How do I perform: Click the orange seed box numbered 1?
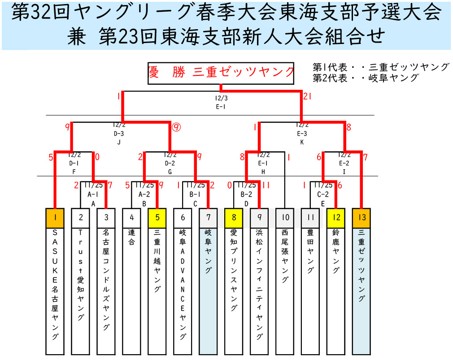click(x=55, y=218)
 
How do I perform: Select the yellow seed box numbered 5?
click(x=157, y=218)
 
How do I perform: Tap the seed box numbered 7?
click(x=208, y=218)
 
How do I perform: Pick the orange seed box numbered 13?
click(x=362, y=218)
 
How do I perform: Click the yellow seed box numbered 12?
click(x=336, y=218)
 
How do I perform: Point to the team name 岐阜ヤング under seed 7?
click(x=208, y=251)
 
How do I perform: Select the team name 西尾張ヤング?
click(x=285, y=256)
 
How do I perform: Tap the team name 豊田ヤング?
click(x=310, y=251)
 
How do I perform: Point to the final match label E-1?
click(x=221, y=106)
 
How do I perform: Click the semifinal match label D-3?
click(x=119, y=133)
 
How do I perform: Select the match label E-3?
click(x=302, y=133)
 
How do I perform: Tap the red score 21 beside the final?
click(x=307, y=97)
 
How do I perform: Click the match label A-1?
click(x=93, y=195)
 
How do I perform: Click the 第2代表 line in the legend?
click(x=366, y=78)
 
